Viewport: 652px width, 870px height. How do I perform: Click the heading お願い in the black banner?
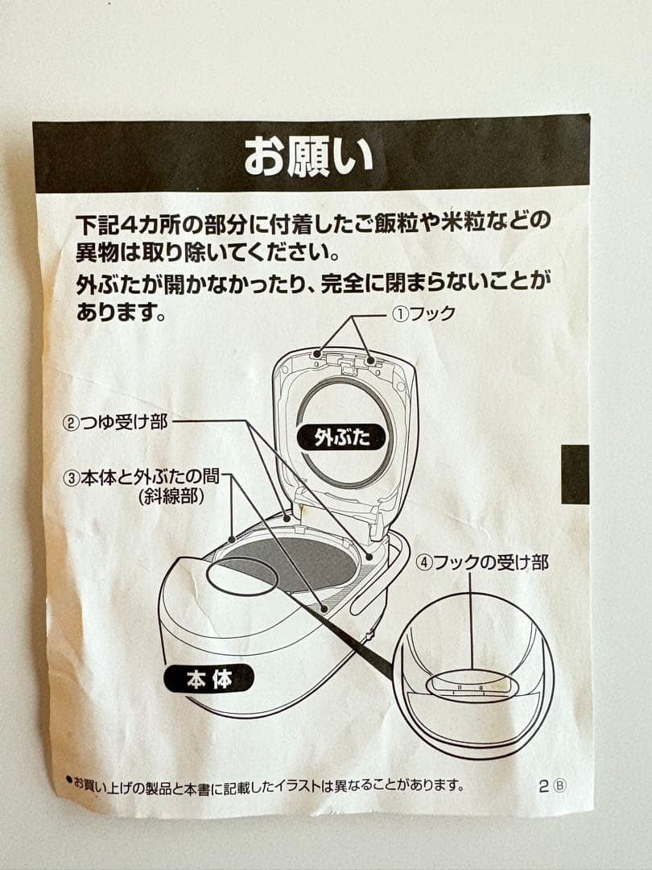click(309, 155)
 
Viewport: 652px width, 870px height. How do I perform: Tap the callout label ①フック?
click(423, 314)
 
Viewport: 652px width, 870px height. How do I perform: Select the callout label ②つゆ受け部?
click(116, 421)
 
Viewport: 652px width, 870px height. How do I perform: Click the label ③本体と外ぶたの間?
click(144, 477)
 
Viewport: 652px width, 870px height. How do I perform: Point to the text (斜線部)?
click(170, 496)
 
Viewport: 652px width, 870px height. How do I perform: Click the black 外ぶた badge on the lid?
click(340, 437)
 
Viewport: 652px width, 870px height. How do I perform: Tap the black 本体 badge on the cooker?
click(208, 678)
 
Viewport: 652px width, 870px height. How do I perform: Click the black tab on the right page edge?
click(575, 474)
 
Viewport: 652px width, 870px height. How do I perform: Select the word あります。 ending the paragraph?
click(121, 313)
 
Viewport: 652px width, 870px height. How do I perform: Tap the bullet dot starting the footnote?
click(69, 780)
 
